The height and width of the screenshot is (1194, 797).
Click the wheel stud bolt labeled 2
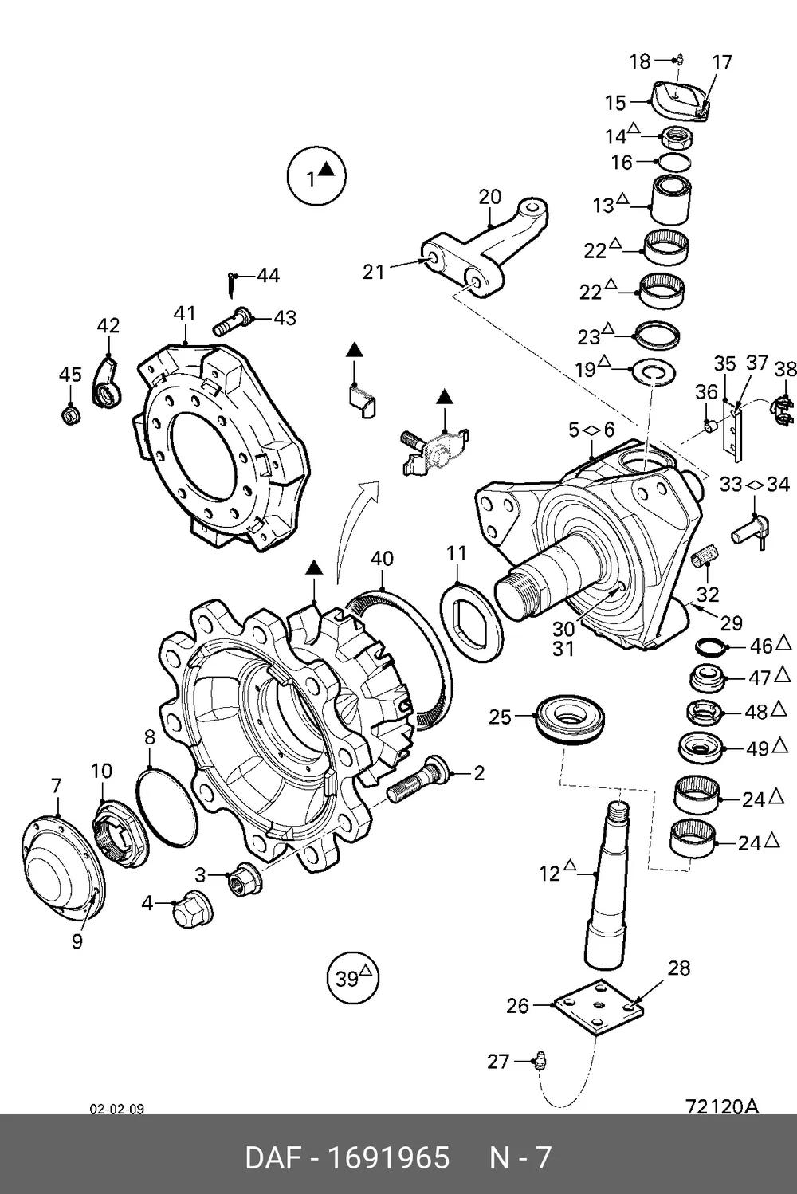tap(417, 779)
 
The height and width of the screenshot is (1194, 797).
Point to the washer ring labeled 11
tap(472, 623)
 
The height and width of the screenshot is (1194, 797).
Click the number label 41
tap(184, 313)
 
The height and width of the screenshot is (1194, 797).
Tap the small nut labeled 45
tap(71, 414)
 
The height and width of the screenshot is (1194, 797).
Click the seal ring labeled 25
tap(570, 719)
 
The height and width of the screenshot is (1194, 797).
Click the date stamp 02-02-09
tap(116, 1110)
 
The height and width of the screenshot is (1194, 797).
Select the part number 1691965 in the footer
tap(388, 1157)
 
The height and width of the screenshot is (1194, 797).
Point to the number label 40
tap(382, 558)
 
